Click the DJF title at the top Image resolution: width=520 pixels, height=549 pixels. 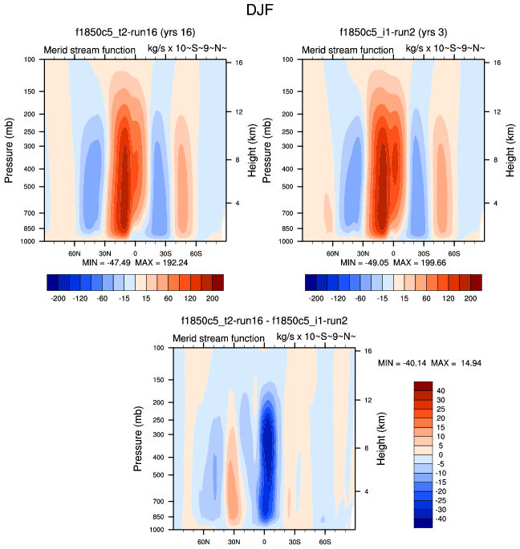tap(259, 10)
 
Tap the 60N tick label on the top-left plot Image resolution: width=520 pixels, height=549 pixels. tap(77, 251)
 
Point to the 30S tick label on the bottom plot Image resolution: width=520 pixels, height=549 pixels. tap(295, 539)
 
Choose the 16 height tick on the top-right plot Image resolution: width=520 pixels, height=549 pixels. tap(496, 62)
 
